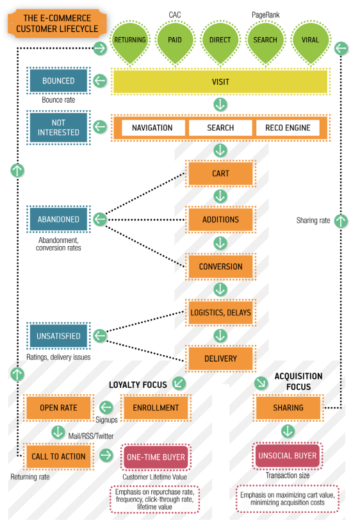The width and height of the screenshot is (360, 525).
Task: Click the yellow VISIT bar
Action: (220, 81)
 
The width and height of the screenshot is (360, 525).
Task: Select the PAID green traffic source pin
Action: (175, 42)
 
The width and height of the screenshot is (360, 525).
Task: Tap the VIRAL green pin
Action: (311, 42)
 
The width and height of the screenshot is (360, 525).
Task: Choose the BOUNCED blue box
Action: (58, 81)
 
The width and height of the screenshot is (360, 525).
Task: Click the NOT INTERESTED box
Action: (58, 128)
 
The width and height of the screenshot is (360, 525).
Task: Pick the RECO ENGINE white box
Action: (288, 128)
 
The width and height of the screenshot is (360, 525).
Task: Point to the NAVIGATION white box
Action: (152, 128)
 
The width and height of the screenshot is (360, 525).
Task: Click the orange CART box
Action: (220, 174)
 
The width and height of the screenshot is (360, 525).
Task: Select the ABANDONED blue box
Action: (58, 219)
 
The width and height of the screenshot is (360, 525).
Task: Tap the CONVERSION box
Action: (220, 267)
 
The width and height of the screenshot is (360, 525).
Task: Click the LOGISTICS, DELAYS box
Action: (220, 312)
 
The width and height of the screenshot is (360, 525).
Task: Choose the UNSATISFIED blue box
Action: (58, 336)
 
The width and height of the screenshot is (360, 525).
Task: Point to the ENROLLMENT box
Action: (156, 408)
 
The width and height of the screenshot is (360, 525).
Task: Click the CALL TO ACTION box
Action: (58, 456)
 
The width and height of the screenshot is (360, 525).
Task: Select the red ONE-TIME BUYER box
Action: (156, 457)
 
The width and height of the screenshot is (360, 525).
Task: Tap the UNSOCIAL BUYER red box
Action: (288, 456)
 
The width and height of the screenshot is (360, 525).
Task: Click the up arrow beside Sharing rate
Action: (341, 221)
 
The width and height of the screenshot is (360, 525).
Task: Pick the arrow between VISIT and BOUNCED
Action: (100, 81)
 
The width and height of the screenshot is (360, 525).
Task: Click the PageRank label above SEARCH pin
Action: (266, 15)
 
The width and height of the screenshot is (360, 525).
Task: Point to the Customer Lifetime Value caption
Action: (154, 477)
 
